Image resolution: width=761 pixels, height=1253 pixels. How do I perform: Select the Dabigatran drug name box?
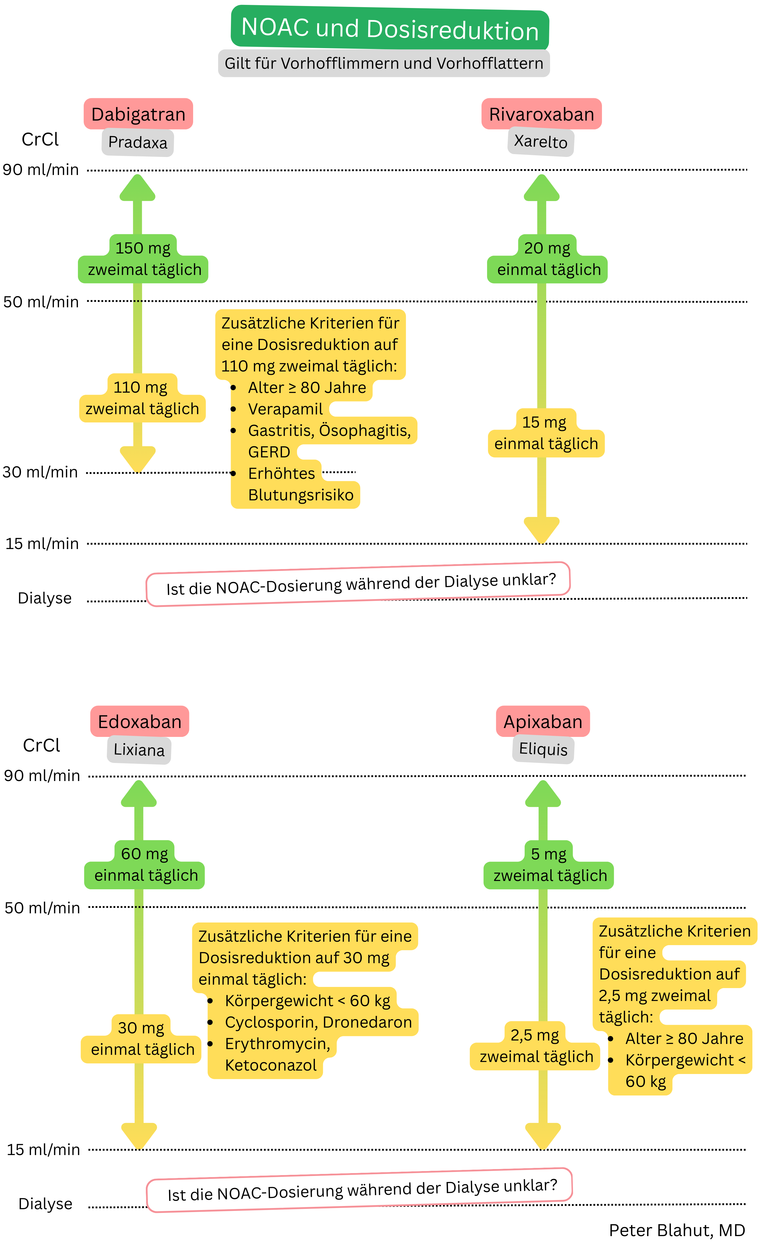[138, 114]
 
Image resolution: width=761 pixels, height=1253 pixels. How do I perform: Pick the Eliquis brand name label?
[543, 749]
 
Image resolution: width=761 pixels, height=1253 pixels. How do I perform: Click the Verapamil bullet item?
[285, 409]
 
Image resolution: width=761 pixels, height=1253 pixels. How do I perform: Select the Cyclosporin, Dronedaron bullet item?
[318, 1022]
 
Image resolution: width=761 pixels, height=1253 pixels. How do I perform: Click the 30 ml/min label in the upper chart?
[40, 472]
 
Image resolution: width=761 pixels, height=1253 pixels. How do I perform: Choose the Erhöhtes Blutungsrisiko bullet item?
[300, 484]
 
